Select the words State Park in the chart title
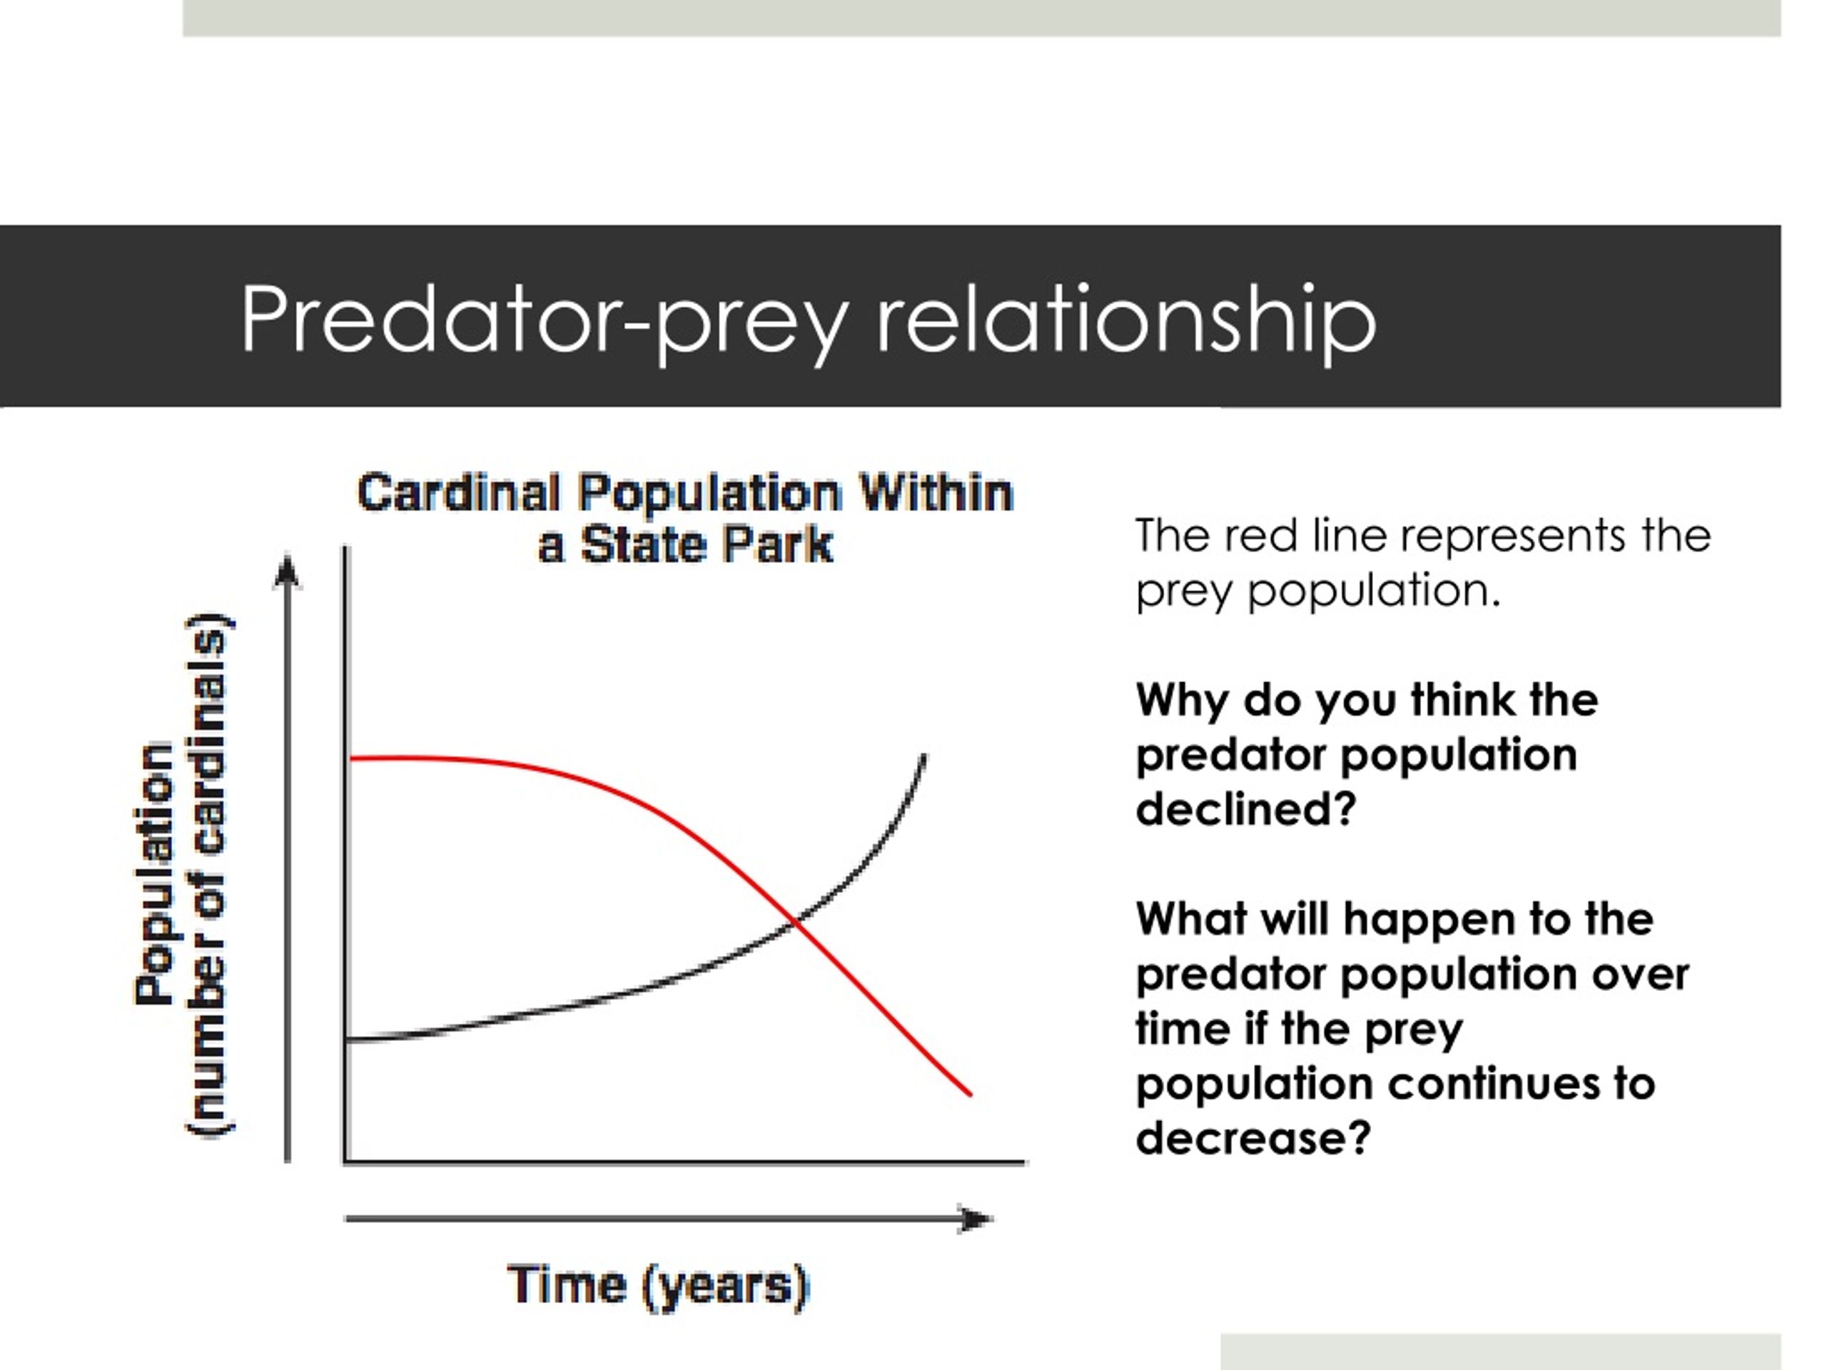tap(707, 545)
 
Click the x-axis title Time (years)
tap(658, 1286)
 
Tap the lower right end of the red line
tap(971, 1095)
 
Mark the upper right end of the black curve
tap(923, 756)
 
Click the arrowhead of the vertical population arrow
tap(287, 572)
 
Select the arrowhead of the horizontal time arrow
tap(976, 1219)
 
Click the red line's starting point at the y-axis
tap(351, 758)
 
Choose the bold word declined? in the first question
tap(1246, 808)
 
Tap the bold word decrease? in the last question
tap(1253, 1137)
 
